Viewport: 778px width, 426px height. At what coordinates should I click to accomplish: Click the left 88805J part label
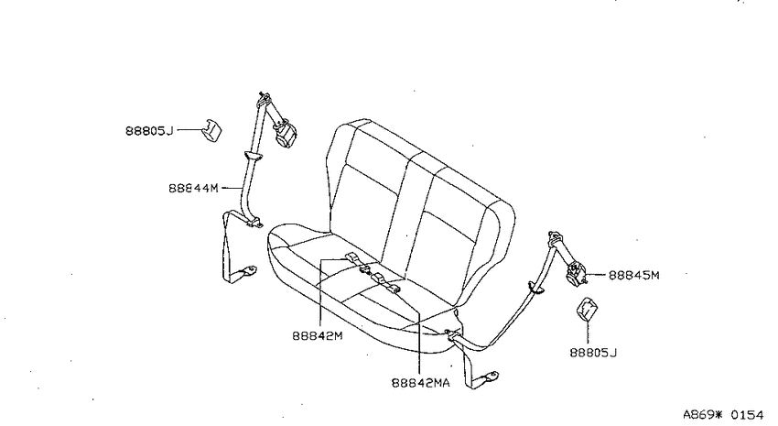(x=149, y=131)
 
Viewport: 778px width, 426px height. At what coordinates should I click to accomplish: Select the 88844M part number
(x=193, y=189)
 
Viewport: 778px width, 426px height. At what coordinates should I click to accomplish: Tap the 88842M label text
(x=318, y=336)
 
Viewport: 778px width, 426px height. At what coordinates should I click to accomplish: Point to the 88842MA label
(x=421, y=383)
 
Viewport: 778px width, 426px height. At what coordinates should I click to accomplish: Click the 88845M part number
(x=634, y=276)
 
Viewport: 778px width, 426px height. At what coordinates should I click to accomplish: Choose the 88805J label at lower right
(x=593, y=353)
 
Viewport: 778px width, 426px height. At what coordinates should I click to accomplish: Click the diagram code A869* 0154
(x=723, y=415)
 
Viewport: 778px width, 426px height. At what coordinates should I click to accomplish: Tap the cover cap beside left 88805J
(x=211, y=130)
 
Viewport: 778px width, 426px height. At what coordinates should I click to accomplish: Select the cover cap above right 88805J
(x=587, y=309)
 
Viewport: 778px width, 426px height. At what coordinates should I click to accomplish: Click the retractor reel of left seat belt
(x=286, y=134)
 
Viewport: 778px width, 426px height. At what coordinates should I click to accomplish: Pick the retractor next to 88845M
(x=576, y=274)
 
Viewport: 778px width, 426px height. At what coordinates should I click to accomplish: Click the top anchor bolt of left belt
(x=263, y=95)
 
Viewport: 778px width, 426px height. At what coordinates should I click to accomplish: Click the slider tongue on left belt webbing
(x=254, y=157)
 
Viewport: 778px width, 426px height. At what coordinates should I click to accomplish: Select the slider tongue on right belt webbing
(x=535, y=288)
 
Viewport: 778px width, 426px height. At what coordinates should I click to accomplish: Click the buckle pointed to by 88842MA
(x=386, y=282)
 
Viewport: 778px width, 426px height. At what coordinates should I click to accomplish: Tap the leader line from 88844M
(x=232, y=188)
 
